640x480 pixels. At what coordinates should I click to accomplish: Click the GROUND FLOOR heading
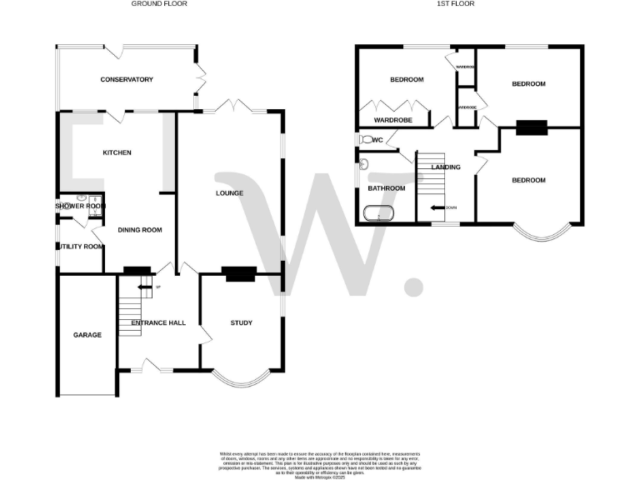coord(159,4)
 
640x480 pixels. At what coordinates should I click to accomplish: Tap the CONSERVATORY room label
coord(127,80)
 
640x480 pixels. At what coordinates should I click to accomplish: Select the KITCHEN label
coord(117,152)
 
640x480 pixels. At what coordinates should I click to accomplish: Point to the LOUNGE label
coord(229,193)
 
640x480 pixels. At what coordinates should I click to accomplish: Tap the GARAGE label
coord(87,335)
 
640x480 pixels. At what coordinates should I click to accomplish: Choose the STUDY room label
coord(242,323)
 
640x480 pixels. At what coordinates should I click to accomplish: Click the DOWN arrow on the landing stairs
coord(436,207)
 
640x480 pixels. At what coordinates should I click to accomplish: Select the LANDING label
coord(445,167)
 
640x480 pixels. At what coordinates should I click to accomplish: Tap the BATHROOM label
coord(387,188)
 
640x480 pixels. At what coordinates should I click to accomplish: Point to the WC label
coord(377,140)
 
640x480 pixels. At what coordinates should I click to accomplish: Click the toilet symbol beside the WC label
coord(365,139)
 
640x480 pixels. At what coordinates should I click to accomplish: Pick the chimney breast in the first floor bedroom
coord(531,127)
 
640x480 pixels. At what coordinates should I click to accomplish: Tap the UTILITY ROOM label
coord(80,247)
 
